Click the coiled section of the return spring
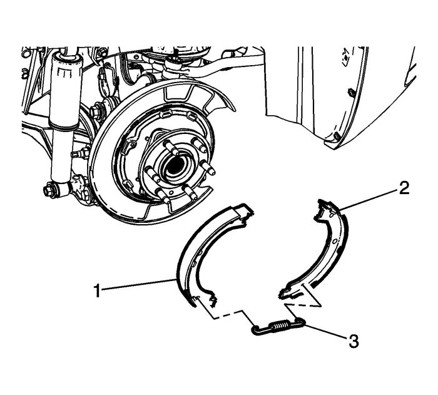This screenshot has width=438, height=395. pos(280,327)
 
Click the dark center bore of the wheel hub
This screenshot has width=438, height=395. pos(174,165)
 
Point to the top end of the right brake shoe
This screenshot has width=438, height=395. pos(323,204)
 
